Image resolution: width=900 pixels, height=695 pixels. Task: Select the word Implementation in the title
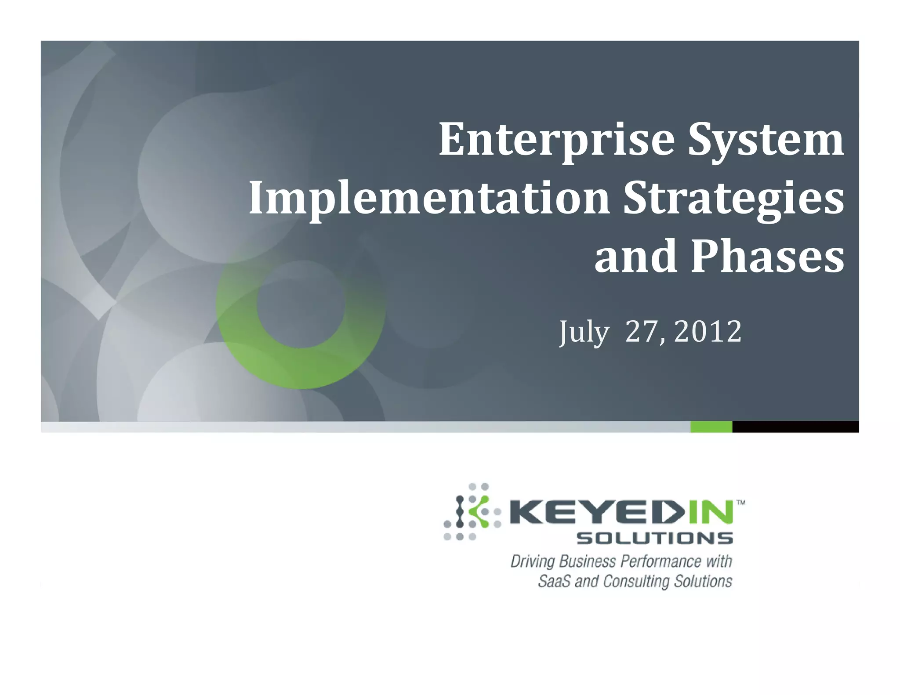429,199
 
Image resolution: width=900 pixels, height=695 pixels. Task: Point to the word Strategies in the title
733,199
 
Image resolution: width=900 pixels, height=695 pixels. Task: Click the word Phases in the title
767,257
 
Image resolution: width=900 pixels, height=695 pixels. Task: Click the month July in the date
584,332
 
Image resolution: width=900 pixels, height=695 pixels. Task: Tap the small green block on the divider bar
711,427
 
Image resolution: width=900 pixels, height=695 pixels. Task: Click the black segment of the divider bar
795,427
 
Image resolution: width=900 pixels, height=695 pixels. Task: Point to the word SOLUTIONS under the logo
654,538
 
